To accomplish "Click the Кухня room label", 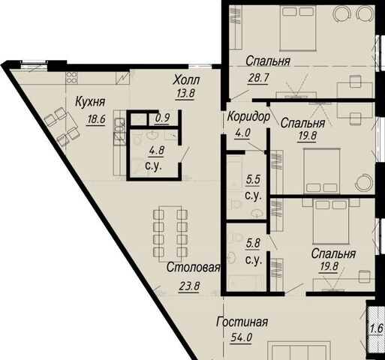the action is click(x=90, y=102).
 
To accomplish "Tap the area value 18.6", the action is click(x=96, y=119).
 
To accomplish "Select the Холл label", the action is click(x=187, y=80).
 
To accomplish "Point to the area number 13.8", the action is click(x=185, y=94).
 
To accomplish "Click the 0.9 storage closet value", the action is click(x=163, y=117).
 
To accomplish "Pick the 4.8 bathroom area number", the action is click(x=157, y=151).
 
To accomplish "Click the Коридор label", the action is click(x=248, y=117).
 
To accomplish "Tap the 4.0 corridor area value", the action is click(x=242, y=133).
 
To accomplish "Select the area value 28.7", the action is click(x=259, y=78).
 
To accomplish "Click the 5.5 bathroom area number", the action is click(x=253, y=179).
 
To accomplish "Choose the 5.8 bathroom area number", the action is click(x=253, y=243).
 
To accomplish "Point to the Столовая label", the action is click(x=194, y=267).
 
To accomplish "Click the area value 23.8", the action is click(x=189, y=286).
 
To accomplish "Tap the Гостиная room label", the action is click(x=242, y=322).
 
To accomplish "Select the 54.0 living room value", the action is click(x=242, y=338).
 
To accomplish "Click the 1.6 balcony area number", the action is click(x=377, y=328).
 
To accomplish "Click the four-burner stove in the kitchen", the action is click(x=71, y=77).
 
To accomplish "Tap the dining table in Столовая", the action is click(x=170, y=234).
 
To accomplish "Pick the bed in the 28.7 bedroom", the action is click(x=298, y=28).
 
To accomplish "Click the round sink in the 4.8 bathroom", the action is click(x=152, y=135).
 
